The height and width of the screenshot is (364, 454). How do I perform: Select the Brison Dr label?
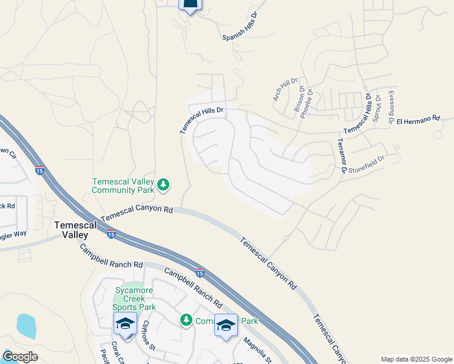(x=299, y=98)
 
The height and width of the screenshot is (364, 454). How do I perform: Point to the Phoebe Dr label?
(x=309, y=100)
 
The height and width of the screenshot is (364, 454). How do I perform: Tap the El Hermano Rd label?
(x=417, y=121)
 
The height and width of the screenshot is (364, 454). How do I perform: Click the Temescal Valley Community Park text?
(x=123, y=186)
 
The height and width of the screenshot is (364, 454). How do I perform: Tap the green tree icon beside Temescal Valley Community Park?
(x=163, y=185)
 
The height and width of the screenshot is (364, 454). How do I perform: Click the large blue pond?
(x=26, y=326)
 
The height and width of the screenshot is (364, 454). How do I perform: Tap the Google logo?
(x=19, y=357)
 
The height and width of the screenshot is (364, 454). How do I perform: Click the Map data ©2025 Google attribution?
(x=416, y=359)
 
